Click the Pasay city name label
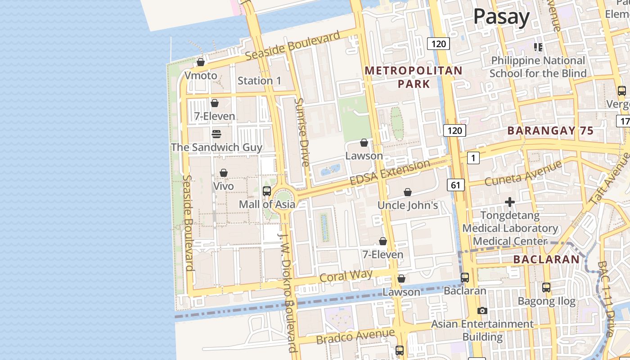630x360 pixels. click(501, 17)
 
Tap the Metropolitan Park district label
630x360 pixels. click(414, 77)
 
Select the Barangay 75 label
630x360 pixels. click(550, 131)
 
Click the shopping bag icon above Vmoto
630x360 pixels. click(201, 62)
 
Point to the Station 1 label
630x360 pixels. click(259, 81)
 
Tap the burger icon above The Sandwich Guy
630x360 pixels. click(216, 134)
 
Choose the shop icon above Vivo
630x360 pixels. click(224, 173)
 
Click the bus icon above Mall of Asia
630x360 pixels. click(267, 191)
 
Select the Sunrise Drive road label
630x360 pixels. click(301, 132)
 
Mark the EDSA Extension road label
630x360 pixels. click(390, 173)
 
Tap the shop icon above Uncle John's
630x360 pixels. click(408, 192)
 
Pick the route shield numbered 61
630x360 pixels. click(455, 184)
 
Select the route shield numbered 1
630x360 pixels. click(473, 158)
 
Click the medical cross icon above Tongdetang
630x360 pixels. click(510, 202)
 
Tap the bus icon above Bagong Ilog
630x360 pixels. click(546, 287)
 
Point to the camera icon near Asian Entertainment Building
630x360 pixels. click(482, 310)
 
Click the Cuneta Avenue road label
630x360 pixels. click(524, 173)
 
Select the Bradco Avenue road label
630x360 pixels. click(355, 336)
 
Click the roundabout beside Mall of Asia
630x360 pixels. click(284, 198)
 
